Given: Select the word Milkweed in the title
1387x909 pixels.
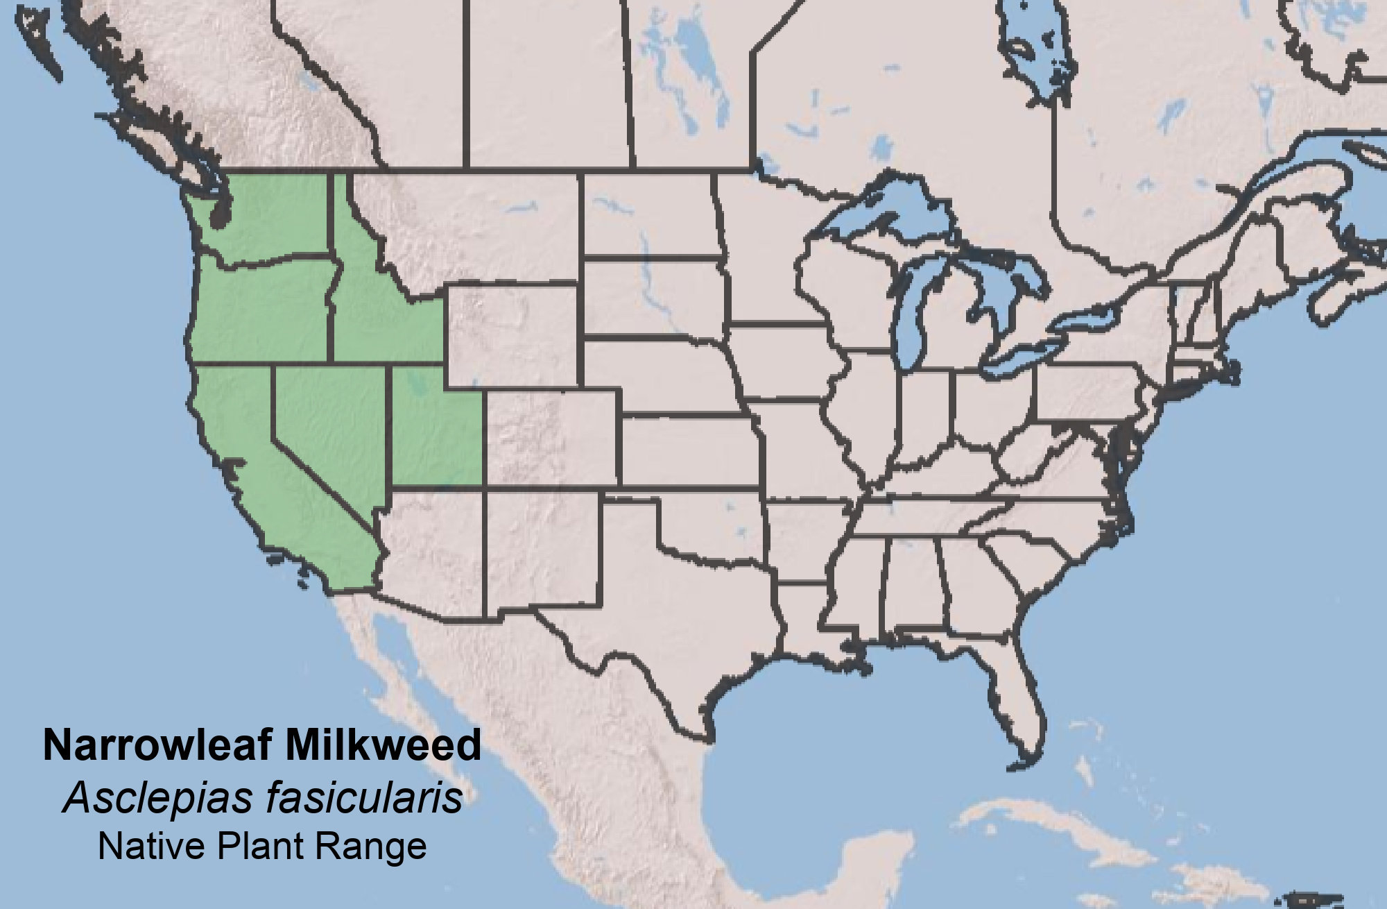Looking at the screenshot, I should (381, 746).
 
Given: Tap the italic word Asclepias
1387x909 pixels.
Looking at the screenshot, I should (156, 799).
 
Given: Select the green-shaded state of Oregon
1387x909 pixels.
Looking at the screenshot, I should (260, 305).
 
